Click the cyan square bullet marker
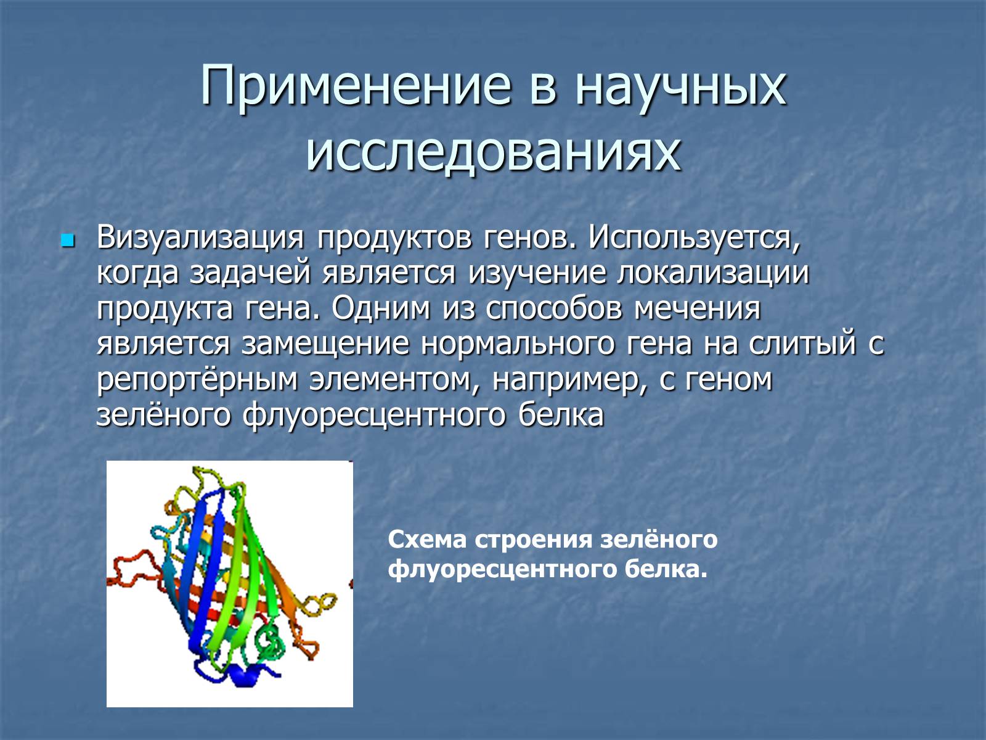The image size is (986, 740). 67,241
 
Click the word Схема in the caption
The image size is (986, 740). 427,540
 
